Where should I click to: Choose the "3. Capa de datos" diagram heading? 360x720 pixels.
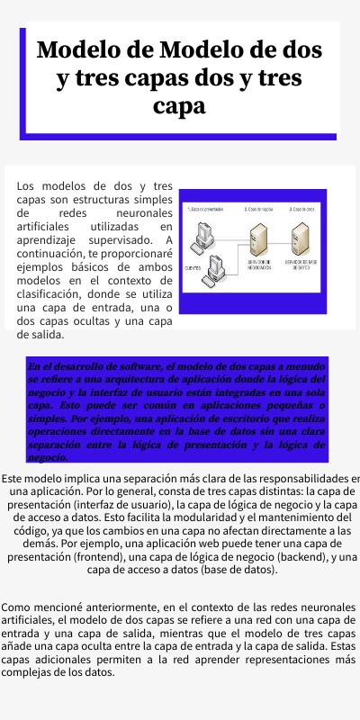click(x=301, y=208)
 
